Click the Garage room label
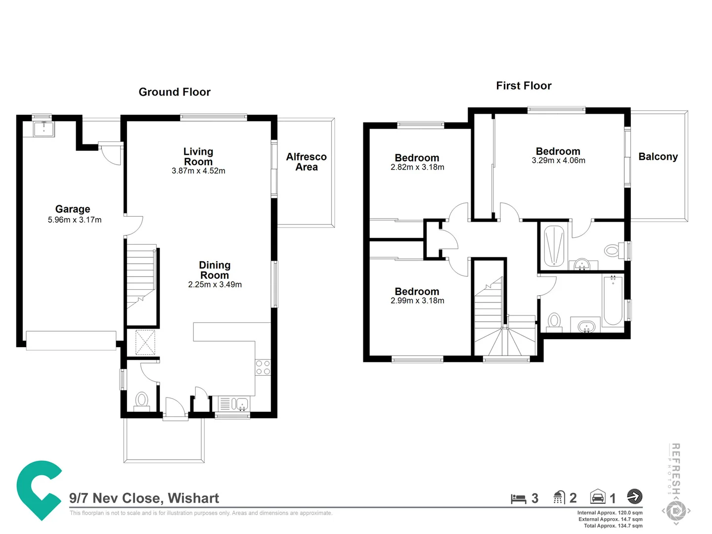pos(73,209)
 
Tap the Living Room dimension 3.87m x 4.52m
pos(198,171)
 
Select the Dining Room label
pos(215,270)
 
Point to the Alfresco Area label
pos(306,162)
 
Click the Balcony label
pos(658,157)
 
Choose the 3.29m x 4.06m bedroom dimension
pos(558,161)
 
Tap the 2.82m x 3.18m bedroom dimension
pos(417,167)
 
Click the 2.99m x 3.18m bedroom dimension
pos(417,301)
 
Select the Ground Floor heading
pos(175,92)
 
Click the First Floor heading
pos(524,86)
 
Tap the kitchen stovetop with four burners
pos(263,367)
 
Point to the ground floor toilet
pos(142,400)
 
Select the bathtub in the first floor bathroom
pos(613,301)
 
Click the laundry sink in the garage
pos(44,129)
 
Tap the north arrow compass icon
pos(634,496)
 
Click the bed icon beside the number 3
pos(518,498)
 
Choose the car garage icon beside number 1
pos(598,497)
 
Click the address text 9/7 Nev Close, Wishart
pos(144,498)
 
